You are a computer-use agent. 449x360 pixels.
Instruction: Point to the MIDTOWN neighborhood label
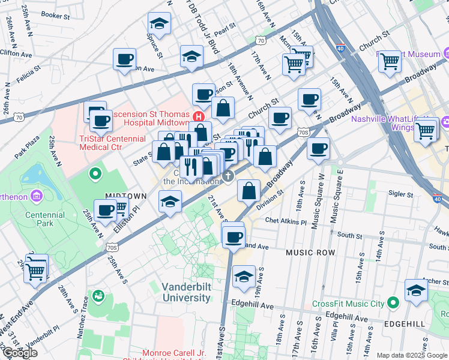(126, 196)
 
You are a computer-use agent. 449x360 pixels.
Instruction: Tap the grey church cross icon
(228, 176)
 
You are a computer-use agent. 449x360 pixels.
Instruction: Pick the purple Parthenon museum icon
(36, 196)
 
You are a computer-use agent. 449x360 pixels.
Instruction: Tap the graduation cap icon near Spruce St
(159, 23)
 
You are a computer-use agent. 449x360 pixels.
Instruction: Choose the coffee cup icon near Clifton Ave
(125, 59)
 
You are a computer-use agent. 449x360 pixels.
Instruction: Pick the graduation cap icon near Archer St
(416, 290)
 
